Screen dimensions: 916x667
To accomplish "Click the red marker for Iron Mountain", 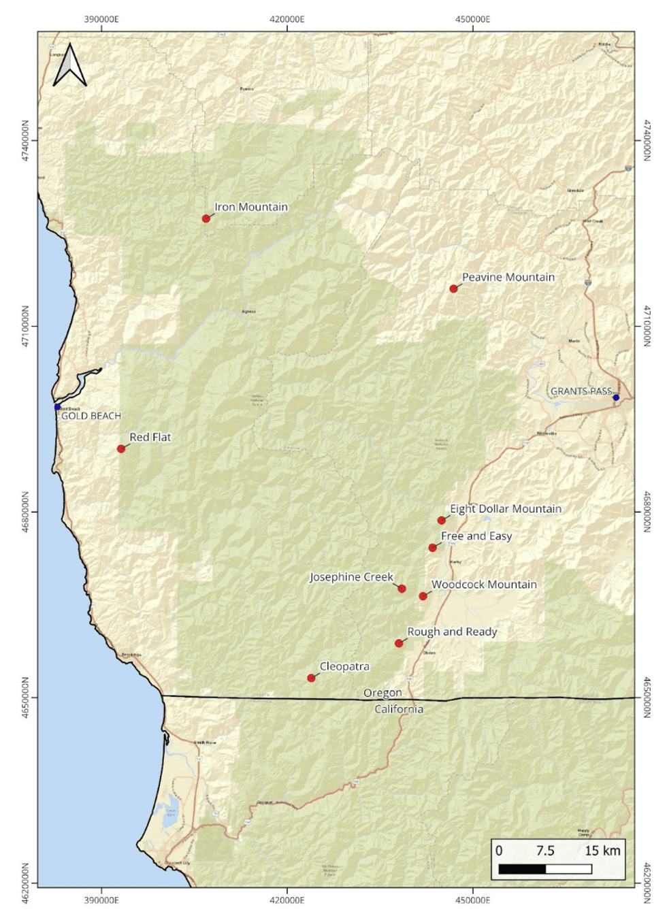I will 206,218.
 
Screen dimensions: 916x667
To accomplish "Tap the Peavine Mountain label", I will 508,277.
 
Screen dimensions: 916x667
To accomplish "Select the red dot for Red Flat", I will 121,448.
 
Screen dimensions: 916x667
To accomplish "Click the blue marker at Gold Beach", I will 57,407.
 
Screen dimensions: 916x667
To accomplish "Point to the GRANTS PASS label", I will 581,391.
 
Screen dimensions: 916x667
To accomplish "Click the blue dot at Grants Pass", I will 616,397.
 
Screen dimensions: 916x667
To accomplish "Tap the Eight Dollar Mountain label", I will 505,508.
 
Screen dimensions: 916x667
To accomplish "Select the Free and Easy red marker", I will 432,548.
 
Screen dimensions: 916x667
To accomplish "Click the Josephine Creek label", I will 351,577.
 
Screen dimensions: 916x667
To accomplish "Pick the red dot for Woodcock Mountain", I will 423,596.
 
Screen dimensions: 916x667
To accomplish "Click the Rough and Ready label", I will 452,632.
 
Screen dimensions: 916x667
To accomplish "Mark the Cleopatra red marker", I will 311,678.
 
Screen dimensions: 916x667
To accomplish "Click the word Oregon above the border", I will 382,693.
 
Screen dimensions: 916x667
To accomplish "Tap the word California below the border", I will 398,709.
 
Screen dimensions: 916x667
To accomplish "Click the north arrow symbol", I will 69,65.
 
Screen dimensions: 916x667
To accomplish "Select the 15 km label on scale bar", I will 602,851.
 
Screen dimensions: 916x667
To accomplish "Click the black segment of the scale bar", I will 522,869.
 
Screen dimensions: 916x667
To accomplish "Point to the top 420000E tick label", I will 287,19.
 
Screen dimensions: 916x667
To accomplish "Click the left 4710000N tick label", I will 25,326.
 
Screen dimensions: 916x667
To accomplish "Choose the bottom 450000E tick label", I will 472,900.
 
